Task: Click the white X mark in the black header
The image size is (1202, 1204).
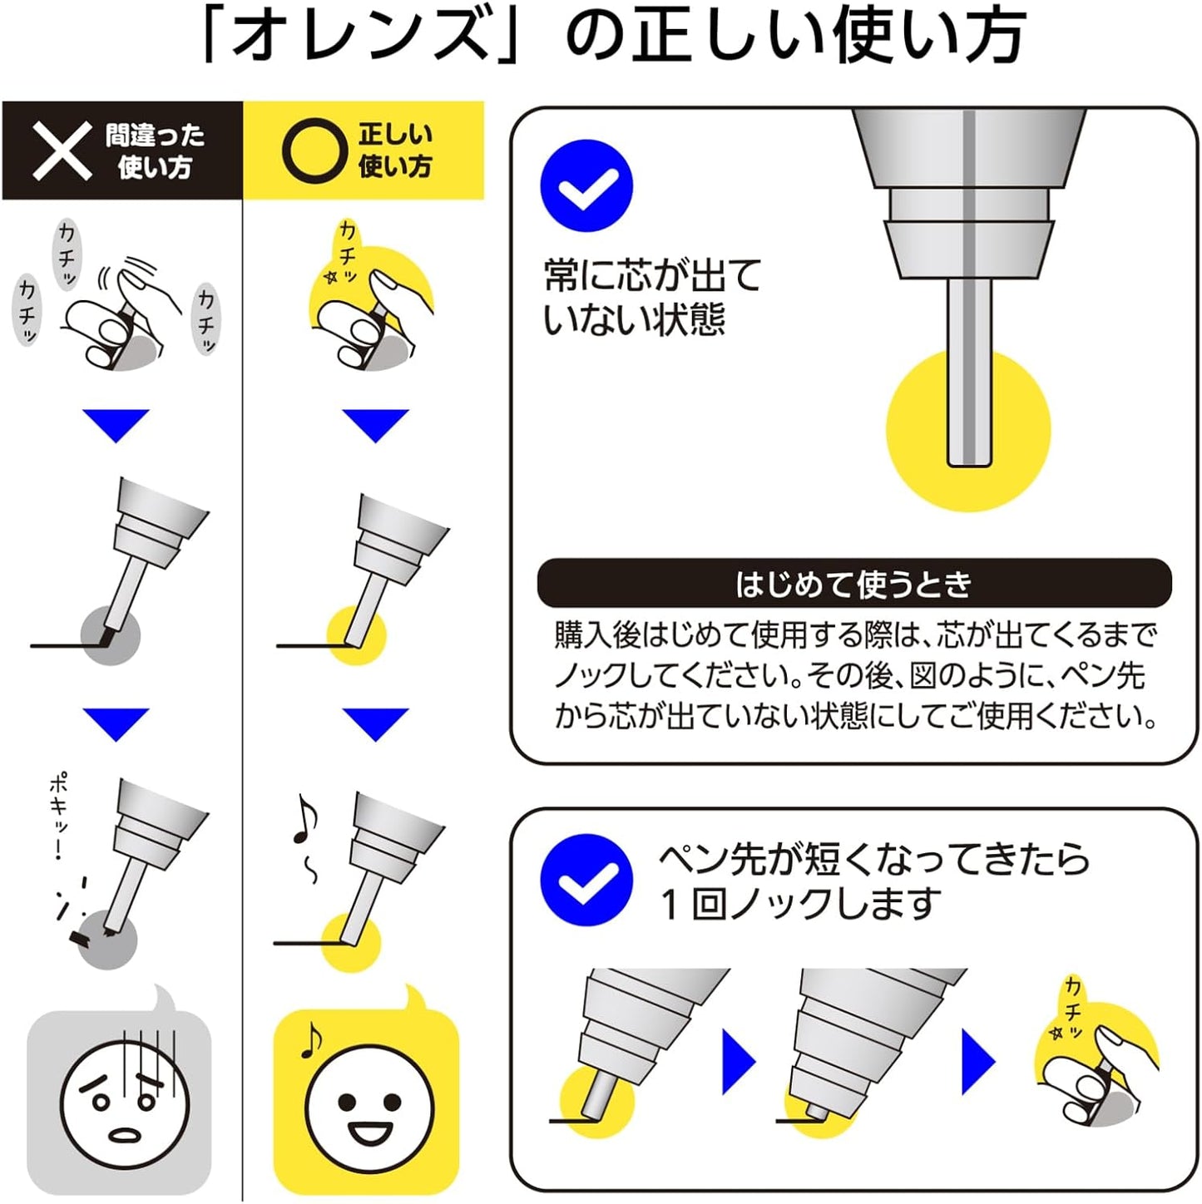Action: (62, 150)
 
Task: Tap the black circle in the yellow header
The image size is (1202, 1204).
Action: (314, 150)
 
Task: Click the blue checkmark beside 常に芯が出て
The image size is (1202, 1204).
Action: (586, 185)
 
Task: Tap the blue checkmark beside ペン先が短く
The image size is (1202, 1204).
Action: (586, 881)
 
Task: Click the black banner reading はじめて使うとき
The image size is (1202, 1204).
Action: (853, 584)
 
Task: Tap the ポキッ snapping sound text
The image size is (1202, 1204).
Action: (59, 816)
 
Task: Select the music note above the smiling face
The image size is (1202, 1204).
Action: (310, 1041)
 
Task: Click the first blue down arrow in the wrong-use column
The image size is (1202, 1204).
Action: (116, 426)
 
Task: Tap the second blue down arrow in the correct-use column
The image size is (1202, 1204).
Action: (375, 724)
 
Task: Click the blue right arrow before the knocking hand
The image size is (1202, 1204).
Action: (978, 1062)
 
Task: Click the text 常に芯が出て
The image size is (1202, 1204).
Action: (652, 274)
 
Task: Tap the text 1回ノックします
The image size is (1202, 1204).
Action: (800, 904)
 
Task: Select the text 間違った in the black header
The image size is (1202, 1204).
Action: (155, 135)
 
